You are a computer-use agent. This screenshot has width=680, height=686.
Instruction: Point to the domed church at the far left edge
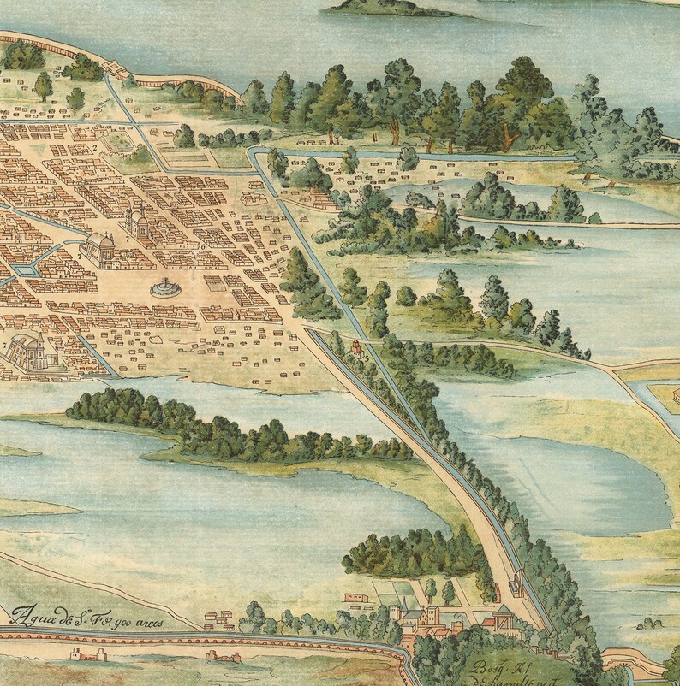[x=28, y=348]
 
